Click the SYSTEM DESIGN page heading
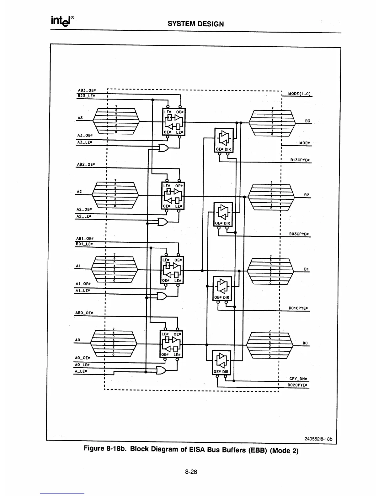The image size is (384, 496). (x=196, y=24)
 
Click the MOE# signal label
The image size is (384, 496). (x=304, y=143)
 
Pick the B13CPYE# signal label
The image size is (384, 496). (x=300, y=160)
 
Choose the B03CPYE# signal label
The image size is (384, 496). (x=299, y=234)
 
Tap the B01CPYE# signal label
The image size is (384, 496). (x=298, y=308)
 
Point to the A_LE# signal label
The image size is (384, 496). (x=81, y=371)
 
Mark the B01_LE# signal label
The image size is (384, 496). (x=83, y=244)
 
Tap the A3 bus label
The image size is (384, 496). (x=80, y=117)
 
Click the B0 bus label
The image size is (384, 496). (x=305, y=343)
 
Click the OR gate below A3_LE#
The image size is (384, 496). (x=163, y=148)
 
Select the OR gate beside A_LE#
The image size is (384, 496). (x=161, y=370)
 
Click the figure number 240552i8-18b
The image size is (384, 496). (x=318, y=438)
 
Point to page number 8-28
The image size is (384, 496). (x=191, y=472)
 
